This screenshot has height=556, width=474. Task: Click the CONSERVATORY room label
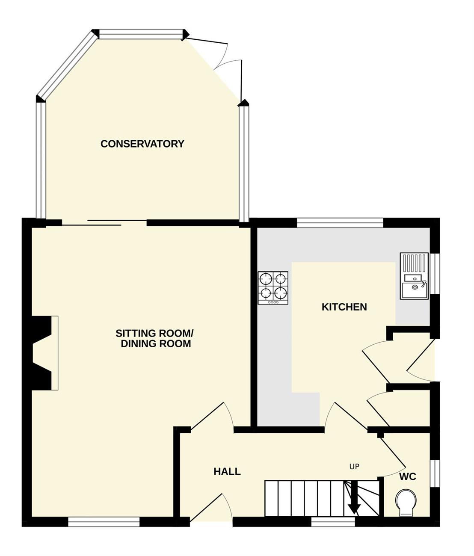coord(142,144)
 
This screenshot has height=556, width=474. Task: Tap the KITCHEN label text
coord(344,307)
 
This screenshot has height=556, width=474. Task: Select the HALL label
coord(227,472)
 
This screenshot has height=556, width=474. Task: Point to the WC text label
coord(408,476)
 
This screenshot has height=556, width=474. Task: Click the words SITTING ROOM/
coord(154,333)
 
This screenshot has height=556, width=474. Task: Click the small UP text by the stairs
coord(354,467)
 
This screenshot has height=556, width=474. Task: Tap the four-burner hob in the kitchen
coord(273,288)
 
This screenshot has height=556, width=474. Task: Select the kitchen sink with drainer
coord(414,276)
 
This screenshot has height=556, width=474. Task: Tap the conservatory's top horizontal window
coord(141,34)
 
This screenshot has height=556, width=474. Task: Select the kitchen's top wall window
coord(340,223)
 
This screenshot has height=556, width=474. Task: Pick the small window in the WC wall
coord(435,473)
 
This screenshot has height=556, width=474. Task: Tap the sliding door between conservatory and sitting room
coord(104,223)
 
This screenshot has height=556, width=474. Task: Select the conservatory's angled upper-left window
coord(68,65)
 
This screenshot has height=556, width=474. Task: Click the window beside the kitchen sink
coord(435,274)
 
